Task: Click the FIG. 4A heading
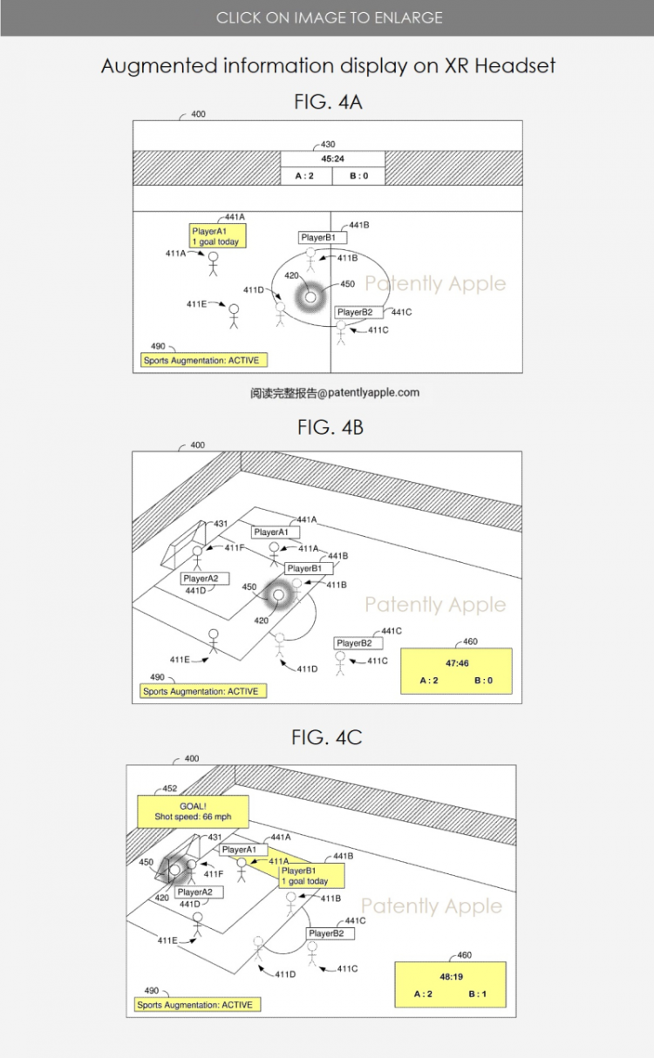pos(328,102)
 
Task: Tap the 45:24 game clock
pos(333,159)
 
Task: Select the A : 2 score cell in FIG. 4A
pos(306,176)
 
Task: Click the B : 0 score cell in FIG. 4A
pos(358,176)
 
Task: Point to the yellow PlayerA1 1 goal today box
pos(217,236)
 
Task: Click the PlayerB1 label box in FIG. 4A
pos(323,238)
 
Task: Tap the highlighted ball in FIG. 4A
pos(310,297)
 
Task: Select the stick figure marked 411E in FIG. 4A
pos(234,316)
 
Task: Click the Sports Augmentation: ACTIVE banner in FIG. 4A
pos(204,361)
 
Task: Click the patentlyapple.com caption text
pos(335,393)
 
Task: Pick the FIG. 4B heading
pos(330,427)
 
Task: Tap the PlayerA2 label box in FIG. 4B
pos(205,579)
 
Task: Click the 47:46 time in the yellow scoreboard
pos(457,663)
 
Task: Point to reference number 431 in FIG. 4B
pos(221,523)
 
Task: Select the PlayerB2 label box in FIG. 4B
pos(358,643)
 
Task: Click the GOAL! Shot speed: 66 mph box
pos(193,811)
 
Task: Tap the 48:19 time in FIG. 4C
pos(452,977)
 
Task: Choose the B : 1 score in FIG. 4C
pos(478,994)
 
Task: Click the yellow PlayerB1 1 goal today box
pos(311,876)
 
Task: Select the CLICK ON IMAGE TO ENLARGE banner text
pos(330,18)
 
